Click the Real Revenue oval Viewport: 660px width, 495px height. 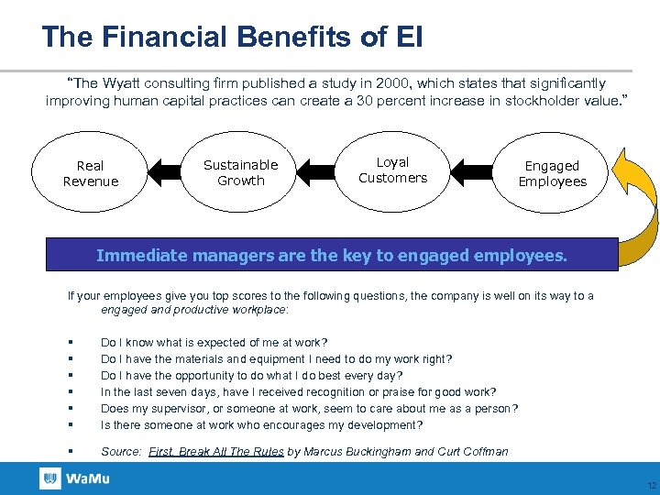coord(90,173)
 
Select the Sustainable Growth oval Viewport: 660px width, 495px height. coord(240,172)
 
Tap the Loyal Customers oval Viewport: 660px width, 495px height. coord(392,170)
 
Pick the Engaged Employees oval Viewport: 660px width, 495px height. coord(552,173)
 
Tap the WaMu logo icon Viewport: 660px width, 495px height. coord(50,478)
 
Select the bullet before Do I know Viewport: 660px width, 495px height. coord(71,343)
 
